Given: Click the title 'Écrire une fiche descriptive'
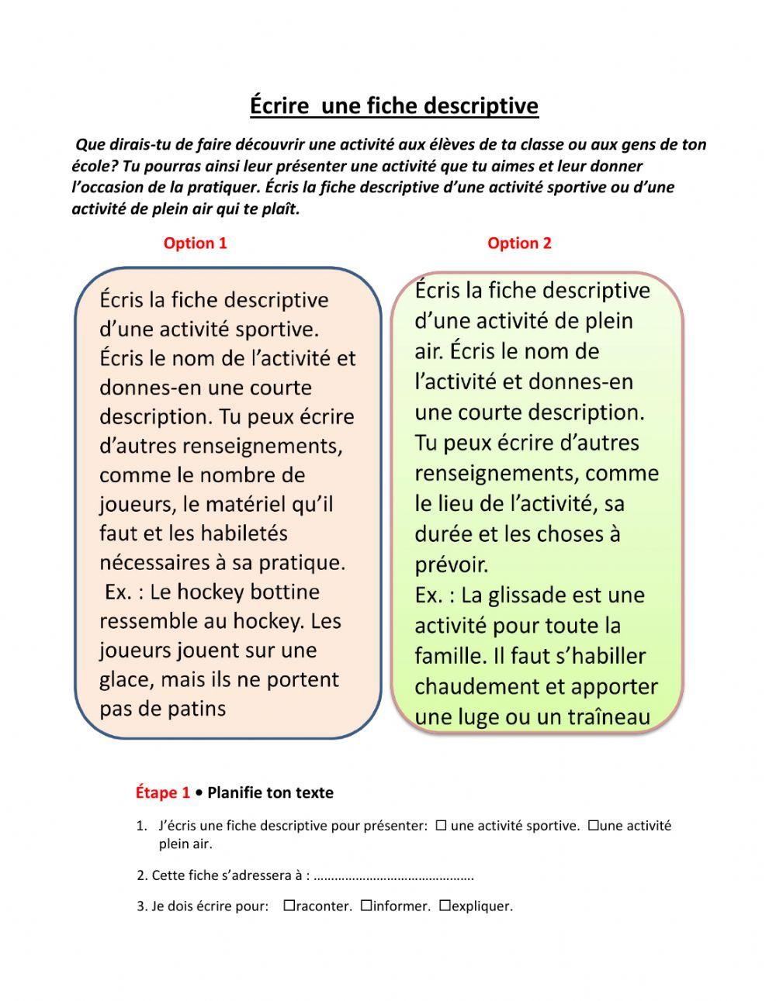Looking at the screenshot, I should pyautogui.click(x=393, y=105).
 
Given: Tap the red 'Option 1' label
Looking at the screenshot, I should pyautogui.click(x=195, y=243).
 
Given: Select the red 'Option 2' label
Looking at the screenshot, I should pyautogui.click(x=519, y=243).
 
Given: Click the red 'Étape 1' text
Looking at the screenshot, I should pyautogui.click(x=162, y=792).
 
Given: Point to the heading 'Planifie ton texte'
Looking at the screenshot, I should pyautogui.click(x=270, y=792).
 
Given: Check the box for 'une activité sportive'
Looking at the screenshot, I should pyautogui.click(x=441, y=826).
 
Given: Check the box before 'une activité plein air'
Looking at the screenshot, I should pyautogui.click(x=593, y=826).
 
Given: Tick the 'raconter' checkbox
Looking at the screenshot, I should pyautogui.click(x=289, y=906).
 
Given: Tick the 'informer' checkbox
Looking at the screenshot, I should pyautogui.click(x=365, y=906).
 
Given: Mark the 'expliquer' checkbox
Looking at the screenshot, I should pyautogui.click(x=445, y=906).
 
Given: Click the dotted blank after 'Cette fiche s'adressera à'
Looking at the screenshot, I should pyautogui.click(x=395, y=876).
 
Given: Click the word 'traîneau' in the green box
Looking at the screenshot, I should pyautogui.click(x=607, y=717).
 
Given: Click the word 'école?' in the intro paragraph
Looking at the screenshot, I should pyautogui.click(x=95, y=166).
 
